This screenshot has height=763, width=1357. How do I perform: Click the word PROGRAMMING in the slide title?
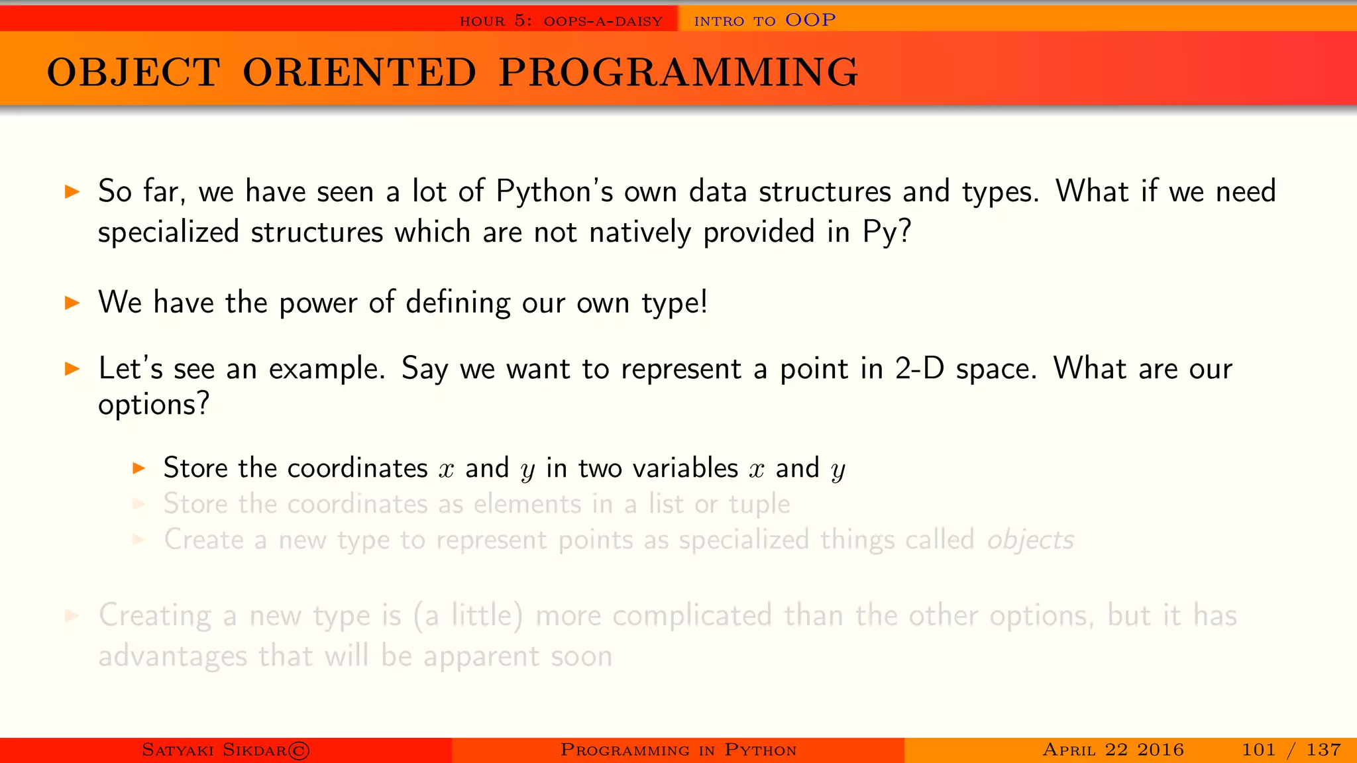[x=678, y=72]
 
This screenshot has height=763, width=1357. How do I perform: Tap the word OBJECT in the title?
[x=133, y=72]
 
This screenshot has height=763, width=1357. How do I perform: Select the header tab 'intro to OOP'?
[x=765, y=21]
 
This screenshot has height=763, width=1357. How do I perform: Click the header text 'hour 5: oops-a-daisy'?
[x=561, y=21]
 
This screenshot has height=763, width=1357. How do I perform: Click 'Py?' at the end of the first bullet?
[x=887, y=232]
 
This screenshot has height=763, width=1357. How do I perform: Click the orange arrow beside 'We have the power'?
[x=72, y=303]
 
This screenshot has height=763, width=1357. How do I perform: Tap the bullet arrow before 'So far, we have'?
[x=72, y=193]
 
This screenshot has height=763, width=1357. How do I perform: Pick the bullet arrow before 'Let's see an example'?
[x=72, y=369]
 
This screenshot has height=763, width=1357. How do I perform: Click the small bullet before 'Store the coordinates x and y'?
[x=138, y=468]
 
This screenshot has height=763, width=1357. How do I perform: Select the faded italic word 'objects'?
[x=1030, y=540]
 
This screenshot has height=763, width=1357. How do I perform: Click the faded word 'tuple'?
[x=759, y=505]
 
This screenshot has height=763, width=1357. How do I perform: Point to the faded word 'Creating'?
[x=154, y=616]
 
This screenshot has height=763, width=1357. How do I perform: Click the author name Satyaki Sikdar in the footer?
[x=214, y=750]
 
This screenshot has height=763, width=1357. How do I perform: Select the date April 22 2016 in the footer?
[x=1113, y=750]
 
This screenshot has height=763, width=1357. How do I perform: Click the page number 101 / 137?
[x=1291, y=750]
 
